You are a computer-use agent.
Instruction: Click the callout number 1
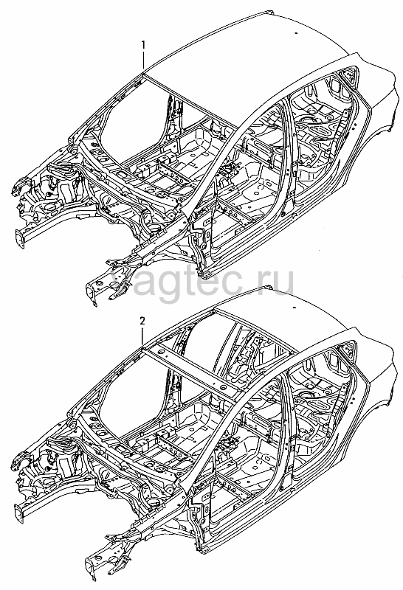coord(142,45)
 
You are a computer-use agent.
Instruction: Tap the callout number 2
coord(142,321)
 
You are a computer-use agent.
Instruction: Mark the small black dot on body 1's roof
coord(296,33)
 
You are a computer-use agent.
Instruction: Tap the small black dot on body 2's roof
coord(296,308)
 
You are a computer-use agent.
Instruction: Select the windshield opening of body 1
coord(132,117)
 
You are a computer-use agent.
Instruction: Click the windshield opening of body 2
coord(132,392)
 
